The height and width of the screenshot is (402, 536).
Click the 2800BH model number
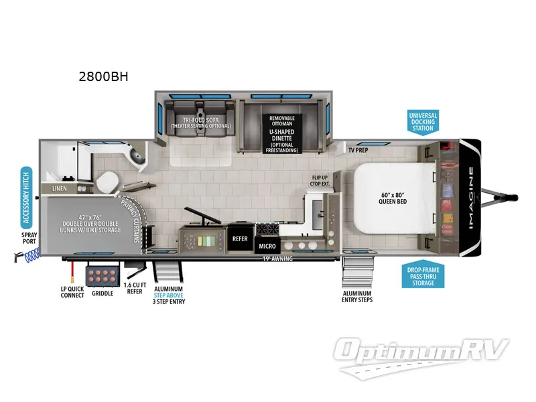(x=103, y=76)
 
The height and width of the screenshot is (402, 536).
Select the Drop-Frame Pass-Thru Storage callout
(x=423, y=275)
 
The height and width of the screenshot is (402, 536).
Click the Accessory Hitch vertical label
(x=26, y=196)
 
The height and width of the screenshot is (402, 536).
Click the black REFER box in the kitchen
(x=240, y=239)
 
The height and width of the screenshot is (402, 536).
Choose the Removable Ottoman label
(x=282, y=121)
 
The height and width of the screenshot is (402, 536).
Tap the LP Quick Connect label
(x=71, y=291)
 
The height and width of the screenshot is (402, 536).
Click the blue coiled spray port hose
(x=30, y=255)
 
